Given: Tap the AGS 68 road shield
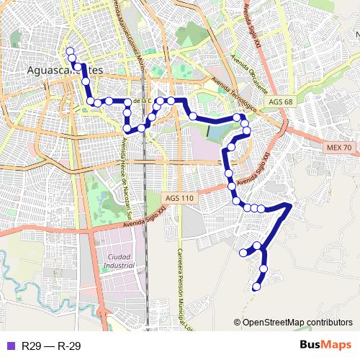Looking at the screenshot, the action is pyautogui.click(x=280, y=102).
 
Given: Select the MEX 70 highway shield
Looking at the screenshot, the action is pyautogui.click(x=338, y=148).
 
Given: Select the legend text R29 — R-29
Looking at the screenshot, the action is pyautogui.click(x=50, y=346).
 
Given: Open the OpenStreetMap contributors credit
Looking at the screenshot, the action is pyautogui.click(x=296, y=323).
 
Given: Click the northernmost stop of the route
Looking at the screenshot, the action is pyautogui.click(x=70, y=51).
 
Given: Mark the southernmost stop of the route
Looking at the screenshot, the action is pyautogui.click(x=256, y=287).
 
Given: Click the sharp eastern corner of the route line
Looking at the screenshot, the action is pyautogui.click(x=290, y=205).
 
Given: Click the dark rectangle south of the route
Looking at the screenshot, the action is pyautogui.click(x=209, y=131).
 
